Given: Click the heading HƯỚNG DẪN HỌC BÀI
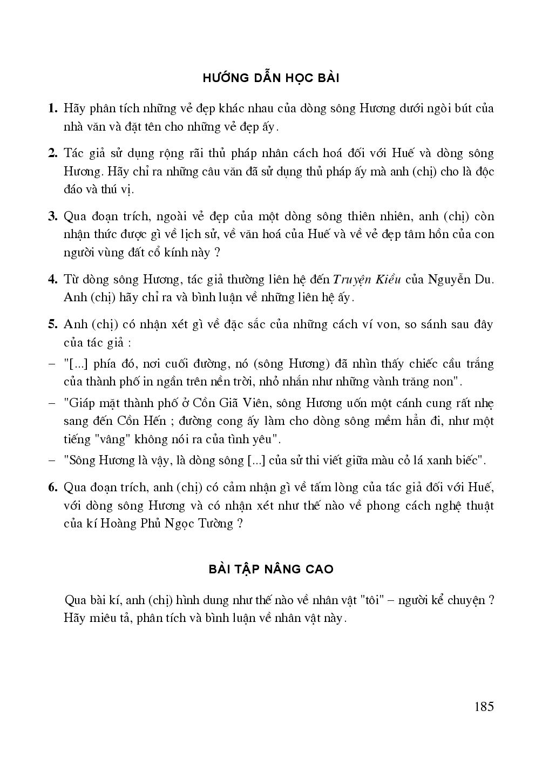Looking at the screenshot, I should (x=270, y=78).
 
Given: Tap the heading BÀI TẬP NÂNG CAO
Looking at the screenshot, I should (x=270, y=569).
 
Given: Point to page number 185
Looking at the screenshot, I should (x=484, y=706).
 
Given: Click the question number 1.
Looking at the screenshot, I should (x=52, y=109).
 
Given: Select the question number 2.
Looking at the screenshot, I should (x=52, y=153).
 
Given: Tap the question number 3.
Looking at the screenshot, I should (x=52, y=216).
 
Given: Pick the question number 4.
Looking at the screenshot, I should (x=52, y=280).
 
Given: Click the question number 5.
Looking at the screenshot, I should (x=52, y=324).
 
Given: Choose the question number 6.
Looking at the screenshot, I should (x=52, y=488).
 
